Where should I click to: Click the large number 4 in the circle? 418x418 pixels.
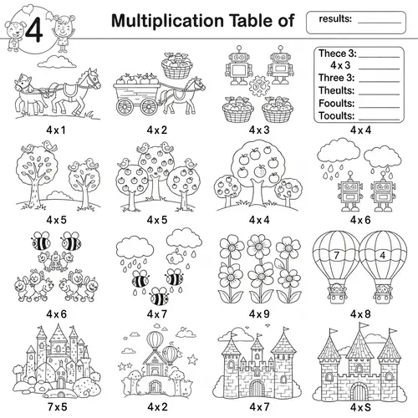33,28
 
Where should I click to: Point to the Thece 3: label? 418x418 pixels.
338,54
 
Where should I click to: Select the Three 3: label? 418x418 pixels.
338,78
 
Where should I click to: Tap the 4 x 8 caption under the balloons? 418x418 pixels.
360,313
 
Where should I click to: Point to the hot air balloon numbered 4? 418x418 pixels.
380,255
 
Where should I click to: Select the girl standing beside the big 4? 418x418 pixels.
63,28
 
